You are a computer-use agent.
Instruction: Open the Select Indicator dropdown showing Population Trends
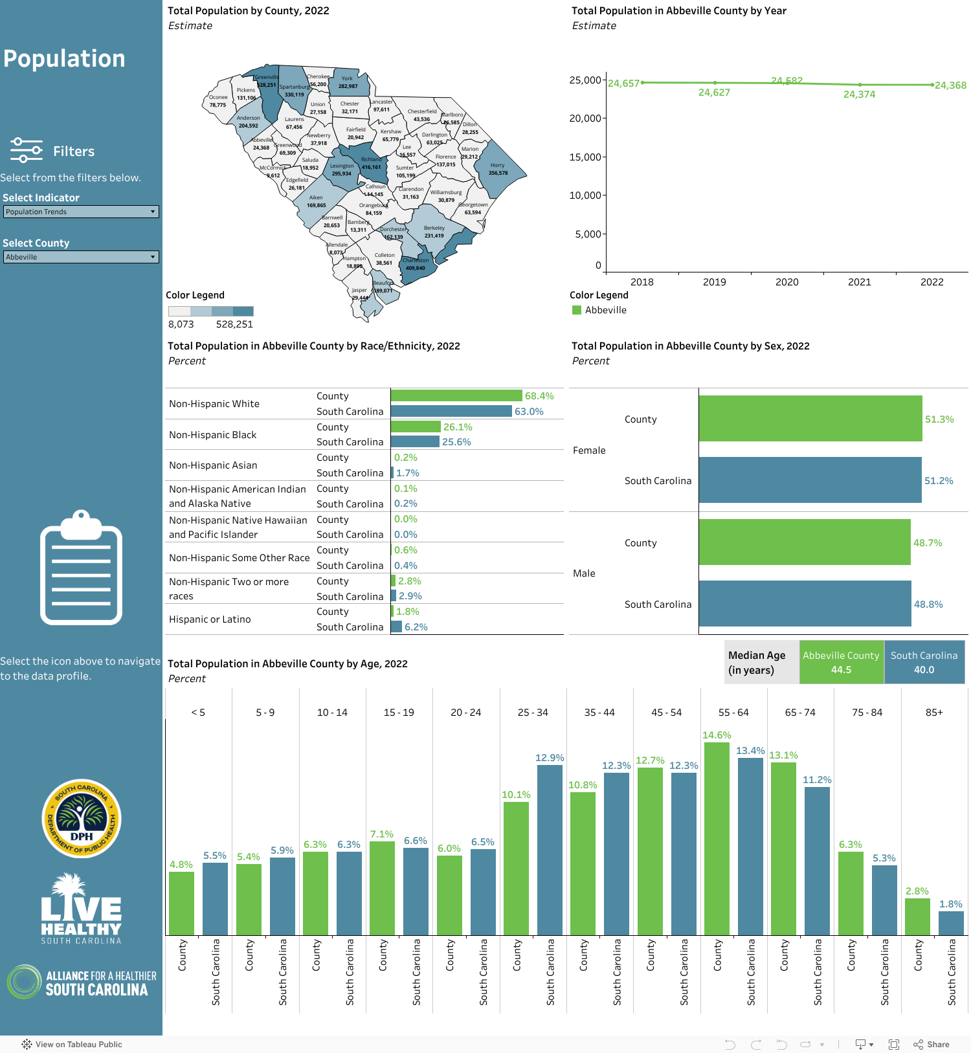(81, 212)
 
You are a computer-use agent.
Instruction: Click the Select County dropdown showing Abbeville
(81, 257)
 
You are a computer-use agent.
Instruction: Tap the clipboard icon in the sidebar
(81, 568)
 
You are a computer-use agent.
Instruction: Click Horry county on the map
(498, 170)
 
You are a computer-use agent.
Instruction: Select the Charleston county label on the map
(416, 261)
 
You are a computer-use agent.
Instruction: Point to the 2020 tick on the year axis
(787, 282)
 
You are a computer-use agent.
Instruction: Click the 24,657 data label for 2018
(623, 83)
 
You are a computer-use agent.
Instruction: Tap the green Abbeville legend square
(577, 310)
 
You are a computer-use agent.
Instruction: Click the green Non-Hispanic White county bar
(456, 395)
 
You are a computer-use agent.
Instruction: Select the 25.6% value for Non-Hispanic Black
(456, 442)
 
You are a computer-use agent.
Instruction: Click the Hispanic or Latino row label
(210, 619)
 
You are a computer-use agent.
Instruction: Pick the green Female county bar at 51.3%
(810, 419)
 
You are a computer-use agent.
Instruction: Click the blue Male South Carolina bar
(805, 604)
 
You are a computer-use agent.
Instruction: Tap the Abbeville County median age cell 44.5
(841, 662)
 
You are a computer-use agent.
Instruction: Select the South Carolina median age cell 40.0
(924, 662)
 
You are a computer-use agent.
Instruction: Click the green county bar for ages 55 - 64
(717, 838)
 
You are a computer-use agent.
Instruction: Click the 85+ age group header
(933, 712)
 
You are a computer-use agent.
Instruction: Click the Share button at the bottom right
(932, 1044)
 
